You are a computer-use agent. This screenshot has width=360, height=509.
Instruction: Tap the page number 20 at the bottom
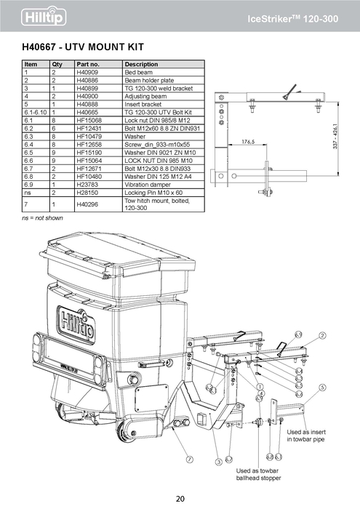pos(180,498)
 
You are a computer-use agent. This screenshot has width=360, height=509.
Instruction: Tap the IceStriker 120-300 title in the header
pos(302,16)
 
